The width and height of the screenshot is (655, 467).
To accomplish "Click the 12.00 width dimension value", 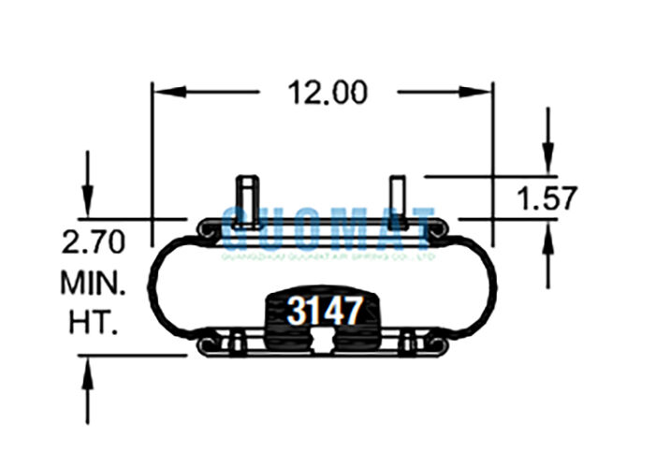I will (x=327, y=93).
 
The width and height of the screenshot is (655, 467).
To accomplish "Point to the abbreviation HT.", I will (x=93, y=323).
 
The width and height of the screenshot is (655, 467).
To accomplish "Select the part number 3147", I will (x=324, y=311).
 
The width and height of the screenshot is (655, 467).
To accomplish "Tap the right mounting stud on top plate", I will (x=398, y=198).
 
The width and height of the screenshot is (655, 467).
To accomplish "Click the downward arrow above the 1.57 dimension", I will (x=548, y=154).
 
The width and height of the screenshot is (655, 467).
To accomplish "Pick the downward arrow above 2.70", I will (x=87, y=197).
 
